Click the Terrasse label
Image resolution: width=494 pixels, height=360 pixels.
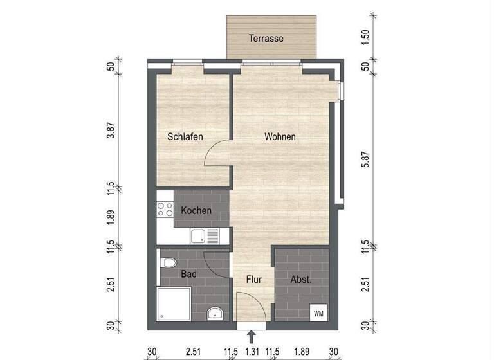pos(266,39)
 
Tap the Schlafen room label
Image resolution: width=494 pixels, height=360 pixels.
pos(186,137)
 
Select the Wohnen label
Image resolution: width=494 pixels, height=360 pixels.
pos(280,137)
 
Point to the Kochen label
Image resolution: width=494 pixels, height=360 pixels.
pos(196,211)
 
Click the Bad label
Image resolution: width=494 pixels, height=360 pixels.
pos(188,274)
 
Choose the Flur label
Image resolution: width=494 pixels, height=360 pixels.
pos(253,280)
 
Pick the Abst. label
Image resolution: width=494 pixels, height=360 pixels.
pos(301,280)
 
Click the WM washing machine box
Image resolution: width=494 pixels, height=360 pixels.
pos(318,313)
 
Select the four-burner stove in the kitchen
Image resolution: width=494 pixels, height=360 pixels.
pos(165,208)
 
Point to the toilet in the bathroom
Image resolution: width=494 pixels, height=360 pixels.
pos(168,264)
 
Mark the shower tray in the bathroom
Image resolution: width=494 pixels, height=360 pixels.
pos(174,303)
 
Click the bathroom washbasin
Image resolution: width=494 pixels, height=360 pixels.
pos(214,314)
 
